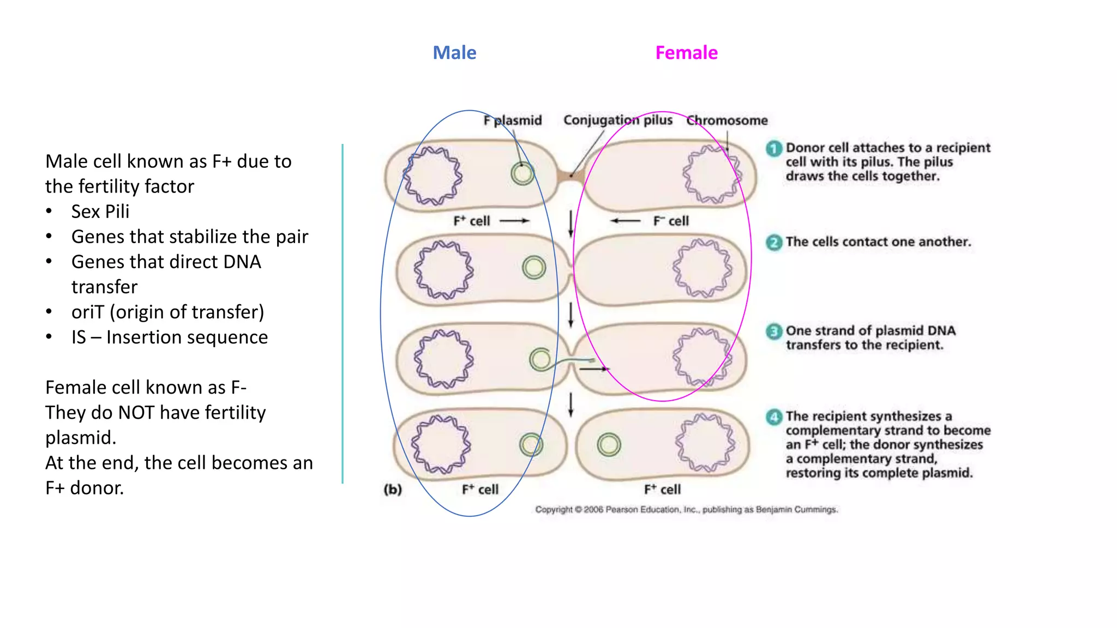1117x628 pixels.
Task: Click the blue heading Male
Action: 454,53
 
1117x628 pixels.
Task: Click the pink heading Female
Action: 686,53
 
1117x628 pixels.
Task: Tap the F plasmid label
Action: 513,120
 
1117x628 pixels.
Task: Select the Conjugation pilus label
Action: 617,120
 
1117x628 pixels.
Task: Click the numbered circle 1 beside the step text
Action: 773,148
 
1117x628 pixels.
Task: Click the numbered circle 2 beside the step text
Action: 773,242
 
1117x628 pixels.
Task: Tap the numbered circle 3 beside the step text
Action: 773,331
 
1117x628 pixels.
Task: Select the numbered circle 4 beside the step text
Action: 773,417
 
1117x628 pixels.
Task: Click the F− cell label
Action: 671,221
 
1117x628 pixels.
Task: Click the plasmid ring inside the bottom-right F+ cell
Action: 609,445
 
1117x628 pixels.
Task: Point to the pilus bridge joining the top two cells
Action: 570,176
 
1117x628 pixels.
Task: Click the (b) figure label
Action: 393,489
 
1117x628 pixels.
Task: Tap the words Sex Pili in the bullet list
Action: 100,212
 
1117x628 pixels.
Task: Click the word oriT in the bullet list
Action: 87,312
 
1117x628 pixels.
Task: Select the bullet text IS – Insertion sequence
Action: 169,337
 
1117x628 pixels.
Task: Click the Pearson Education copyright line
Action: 686,510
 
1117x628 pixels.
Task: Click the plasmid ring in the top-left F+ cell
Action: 523,174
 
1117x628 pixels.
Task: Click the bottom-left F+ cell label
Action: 480,489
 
